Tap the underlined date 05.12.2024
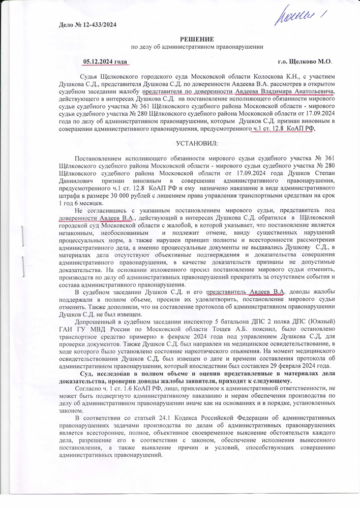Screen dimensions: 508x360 101,62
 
